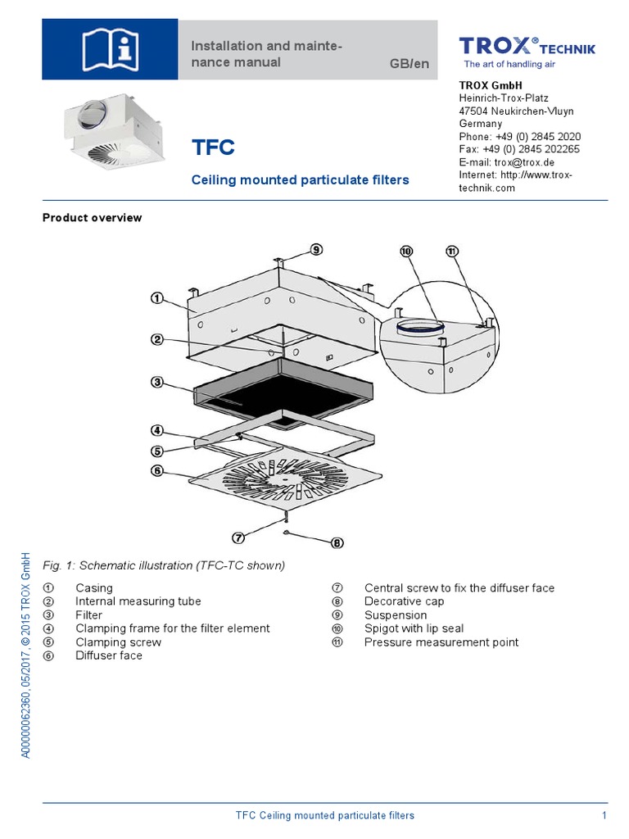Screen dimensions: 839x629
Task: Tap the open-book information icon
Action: (x=110, y=49)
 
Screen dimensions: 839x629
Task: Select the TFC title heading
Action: (x=213, y=148)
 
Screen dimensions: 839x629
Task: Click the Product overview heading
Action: (x=92, y=218)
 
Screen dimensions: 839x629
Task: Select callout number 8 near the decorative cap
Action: (x=337, y=542)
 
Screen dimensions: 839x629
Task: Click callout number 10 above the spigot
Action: (x=406, y=252)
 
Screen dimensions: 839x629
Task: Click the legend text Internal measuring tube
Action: (x=138, y=601)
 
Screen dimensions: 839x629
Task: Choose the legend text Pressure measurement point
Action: (x=441, y=642)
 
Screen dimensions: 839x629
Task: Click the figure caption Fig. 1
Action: (x=164, y=565)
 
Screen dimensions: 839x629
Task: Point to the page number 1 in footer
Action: (x=604, y=815)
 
